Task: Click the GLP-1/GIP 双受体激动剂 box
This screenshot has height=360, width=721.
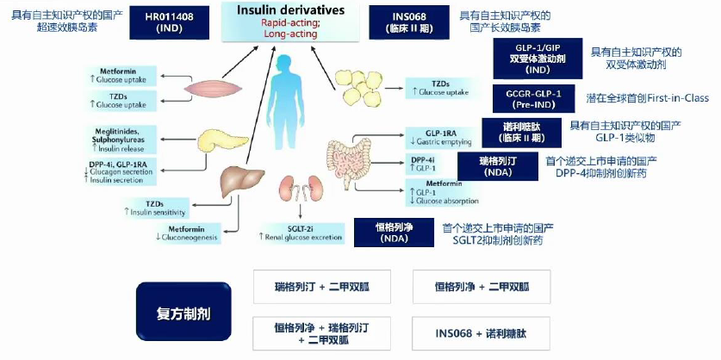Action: [x=537, y=58]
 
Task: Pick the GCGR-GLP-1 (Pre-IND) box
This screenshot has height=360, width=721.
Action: [x=536, y=98]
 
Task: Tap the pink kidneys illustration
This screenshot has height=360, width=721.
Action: [x=298, y=188]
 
